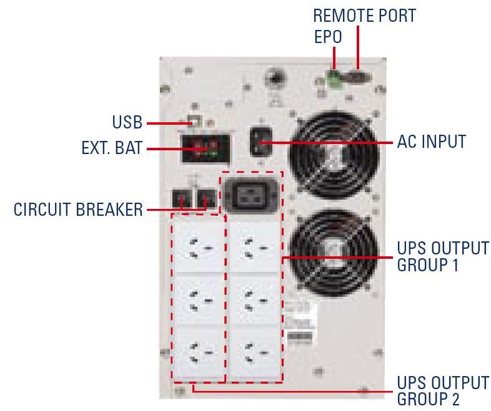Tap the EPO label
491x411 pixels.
327,37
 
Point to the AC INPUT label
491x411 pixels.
431,142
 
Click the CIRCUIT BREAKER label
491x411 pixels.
78,210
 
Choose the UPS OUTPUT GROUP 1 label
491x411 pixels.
443,256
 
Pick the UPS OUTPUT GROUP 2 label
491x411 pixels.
443,390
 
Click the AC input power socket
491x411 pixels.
260,142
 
